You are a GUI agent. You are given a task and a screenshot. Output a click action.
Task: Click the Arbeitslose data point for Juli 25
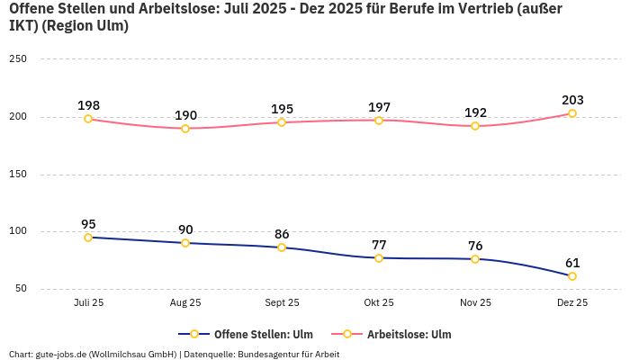88,119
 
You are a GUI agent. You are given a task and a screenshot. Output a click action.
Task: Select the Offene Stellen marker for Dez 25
572,276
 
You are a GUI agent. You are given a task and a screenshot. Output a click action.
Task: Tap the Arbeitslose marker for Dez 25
572,113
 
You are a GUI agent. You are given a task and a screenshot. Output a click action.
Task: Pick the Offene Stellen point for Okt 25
379,258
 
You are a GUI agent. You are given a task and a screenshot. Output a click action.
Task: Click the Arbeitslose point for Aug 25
185,129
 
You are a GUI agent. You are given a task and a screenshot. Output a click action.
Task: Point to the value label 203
572,100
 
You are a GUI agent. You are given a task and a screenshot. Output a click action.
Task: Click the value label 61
572,263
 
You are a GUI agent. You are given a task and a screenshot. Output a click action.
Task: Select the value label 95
88,224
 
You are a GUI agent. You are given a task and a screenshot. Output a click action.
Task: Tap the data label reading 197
379,107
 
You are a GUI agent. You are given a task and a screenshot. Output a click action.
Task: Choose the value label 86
282,234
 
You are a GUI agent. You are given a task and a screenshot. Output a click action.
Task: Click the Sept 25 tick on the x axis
282,303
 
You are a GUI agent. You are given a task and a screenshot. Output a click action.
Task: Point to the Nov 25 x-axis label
475,303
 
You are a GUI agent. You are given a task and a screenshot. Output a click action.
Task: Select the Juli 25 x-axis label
88,303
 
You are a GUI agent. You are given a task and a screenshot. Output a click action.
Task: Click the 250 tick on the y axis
18,59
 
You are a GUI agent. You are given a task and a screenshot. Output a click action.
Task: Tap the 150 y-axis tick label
18,175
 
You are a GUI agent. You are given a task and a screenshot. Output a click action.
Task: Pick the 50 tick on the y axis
21,289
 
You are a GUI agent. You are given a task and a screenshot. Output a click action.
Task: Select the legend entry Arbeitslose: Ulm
409,335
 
